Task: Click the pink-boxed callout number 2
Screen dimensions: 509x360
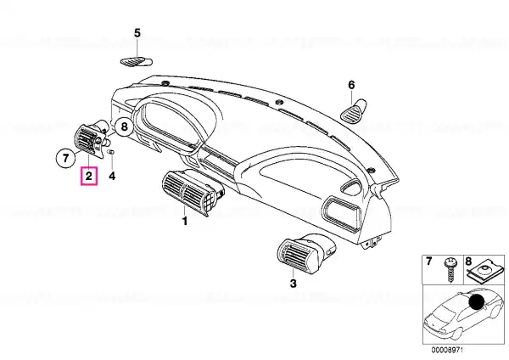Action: click(89, 176)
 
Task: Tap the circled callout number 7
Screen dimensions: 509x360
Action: click(66, 158)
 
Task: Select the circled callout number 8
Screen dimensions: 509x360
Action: click(125, 127)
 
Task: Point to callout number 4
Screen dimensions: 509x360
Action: click(112, 176)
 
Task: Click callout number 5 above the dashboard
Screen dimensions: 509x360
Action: click(137, 33)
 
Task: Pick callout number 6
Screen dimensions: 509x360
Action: click(351, 85)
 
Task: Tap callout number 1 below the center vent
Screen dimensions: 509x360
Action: click(185, 222)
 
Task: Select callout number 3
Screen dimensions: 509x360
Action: click(294, 284)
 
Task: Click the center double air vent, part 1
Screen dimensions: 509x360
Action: click(193, 192)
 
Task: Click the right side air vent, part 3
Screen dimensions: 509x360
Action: click(306, 254)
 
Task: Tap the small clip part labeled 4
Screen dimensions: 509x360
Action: click(112, 152)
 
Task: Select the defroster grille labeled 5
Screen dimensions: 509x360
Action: click(137, 61)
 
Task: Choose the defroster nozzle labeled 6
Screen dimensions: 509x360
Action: click(354, 111)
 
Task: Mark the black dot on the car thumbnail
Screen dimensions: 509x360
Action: click(477, 302)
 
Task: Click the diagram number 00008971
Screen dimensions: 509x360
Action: click(447, 350)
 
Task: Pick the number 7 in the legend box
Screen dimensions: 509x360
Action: click(428, 261)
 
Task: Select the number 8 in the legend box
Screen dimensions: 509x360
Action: click(468, 261)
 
